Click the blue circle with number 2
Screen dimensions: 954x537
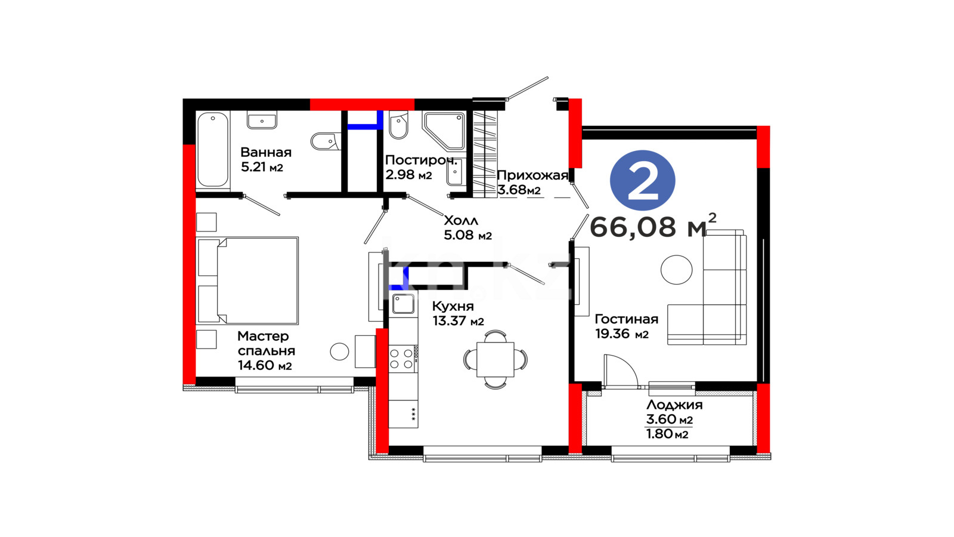[x=643, y=180]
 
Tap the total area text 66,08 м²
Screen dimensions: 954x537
[x=653, y=226]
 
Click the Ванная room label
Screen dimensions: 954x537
[x=266, y=152]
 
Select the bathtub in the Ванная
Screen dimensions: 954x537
[x=213, y=150]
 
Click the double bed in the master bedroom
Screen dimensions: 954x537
[x=247, y=280]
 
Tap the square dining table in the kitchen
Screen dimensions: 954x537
[x=495, y=359]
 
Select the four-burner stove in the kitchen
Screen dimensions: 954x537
[x=403, y=359]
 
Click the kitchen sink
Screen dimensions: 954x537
[x=403, y=304]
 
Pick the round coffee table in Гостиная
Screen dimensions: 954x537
[x=676, y=270]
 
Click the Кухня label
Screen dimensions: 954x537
[x=453, y=306]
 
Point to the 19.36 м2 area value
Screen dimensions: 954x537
[x=622, y=334]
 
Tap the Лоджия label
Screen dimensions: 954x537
[x=674, y=405]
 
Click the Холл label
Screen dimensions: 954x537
[x=461, y=220]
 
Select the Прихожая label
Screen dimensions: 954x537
[x=532, y=175]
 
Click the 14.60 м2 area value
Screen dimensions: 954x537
[x=265, y=365]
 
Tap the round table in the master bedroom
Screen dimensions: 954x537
[x=339, y=351]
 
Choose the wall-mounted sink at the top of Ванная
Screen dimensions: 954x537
[x=262, y=120]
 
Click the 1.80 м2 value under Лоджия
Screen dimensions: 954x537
[x=667, y=434]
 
